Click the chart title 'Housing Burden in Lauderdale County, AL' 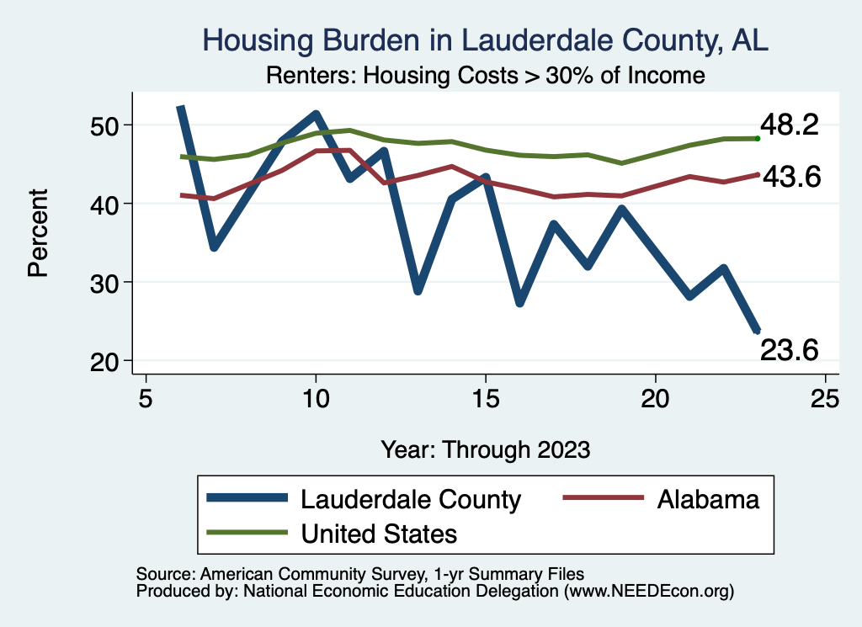click(485, 40)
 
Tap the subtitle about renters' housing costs click(485, 76)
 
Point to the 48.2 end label click(790, 125)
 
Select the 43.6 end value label click(790, 177)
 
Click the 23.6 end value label click(790, 349)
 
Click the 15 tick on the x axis click(486, 397)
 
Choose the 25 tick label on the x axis click(826, 397)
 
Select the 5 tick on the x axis click(146, 397)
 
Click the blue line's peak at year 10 click(316, 114)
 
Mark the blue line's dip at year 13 click(418, 290)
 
